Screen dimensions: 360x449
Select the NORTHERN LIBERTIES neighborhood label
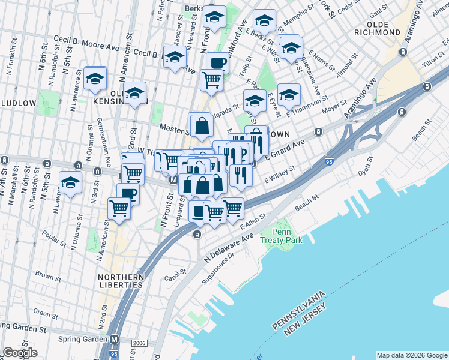(x=122, y=282)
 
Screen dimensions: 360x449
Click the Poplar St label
(x=55, y=238)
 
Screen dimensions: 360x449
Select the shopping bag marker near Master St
(x=202, y=125)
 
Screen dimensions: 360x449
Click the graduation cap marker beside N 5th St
(x=71, y=184)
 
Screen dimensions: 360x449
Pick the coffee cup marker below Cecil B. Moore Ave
(x=217, y=63)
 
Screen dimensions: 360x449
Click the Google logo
(x=20, y=353)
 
